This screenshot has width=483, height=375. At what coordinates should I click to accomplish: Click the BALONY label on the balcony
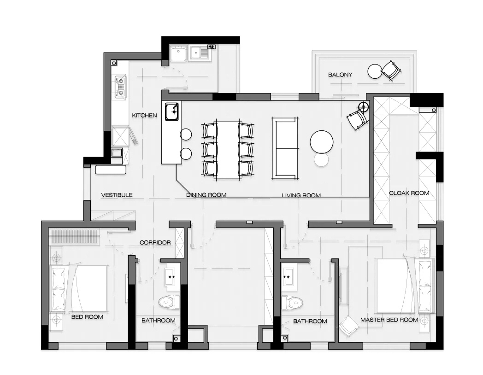340,75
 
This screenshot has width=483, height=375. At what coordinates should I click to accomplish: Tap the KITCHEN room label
144,116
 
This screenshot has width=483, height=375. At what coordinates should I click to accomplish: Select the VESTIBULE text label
117,195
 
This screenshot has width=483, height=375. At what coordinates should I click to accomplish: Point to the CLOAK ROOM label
409,193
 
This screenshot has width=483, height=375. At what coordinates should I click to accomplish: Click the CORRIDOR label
155,243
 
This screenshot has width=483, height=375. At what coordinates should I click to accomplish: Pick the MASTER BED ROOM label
389,320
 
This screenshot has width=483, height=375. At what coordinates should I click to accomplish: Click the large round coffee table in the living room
322,141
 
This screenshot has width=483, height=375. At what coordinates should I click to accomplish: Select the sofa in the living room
285,148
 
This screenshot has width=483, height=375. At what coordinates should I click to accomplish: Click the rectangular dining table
228,150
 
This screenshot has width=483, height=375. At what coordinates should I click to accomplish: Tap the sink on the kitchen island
172,112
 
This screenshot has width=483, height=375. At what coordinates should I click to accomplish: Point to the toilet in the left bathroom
169,302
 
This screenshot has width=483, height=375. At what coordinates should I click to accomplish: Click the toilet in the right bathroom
292,303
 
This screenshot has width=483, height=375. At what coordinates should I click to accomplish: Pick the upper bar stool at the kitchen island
186,135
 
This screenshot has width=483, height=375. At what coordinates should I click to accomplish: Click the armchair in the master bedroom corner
348,326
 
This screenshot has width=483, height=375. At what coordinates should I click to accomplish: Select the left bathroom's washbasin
171,276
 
